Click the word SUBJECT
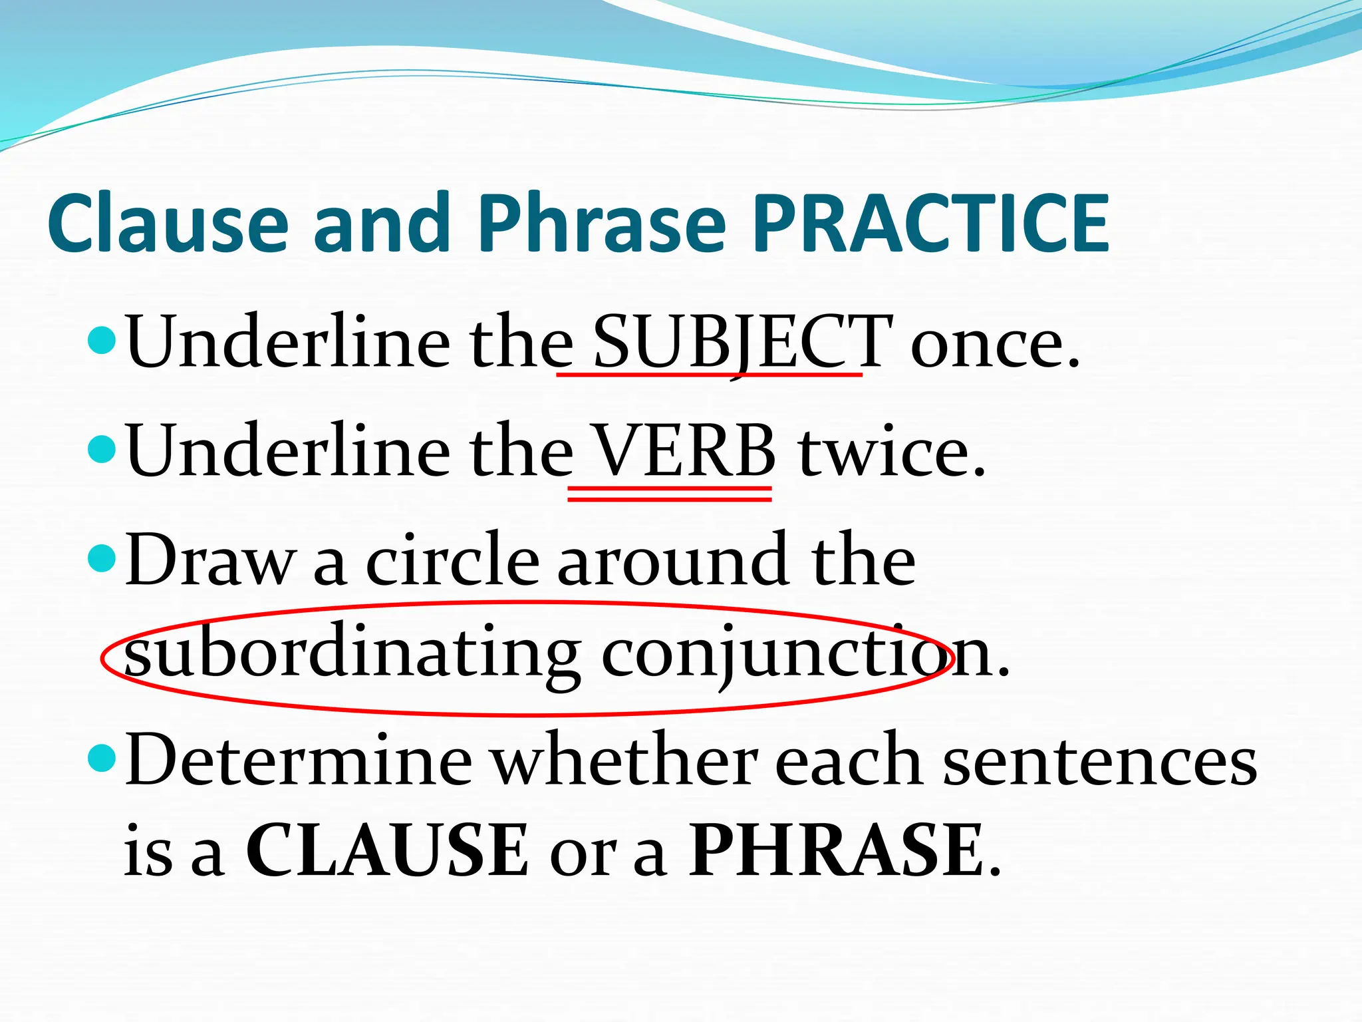coord(742,341)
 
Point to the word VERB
coord(684,450)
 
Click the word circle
coord(452,561)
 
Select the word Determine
coord(299,761)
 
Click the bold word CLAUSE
coord(387,850)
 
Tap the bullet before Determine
coord(102,757)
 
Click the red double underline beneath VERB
coord(669,493)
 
